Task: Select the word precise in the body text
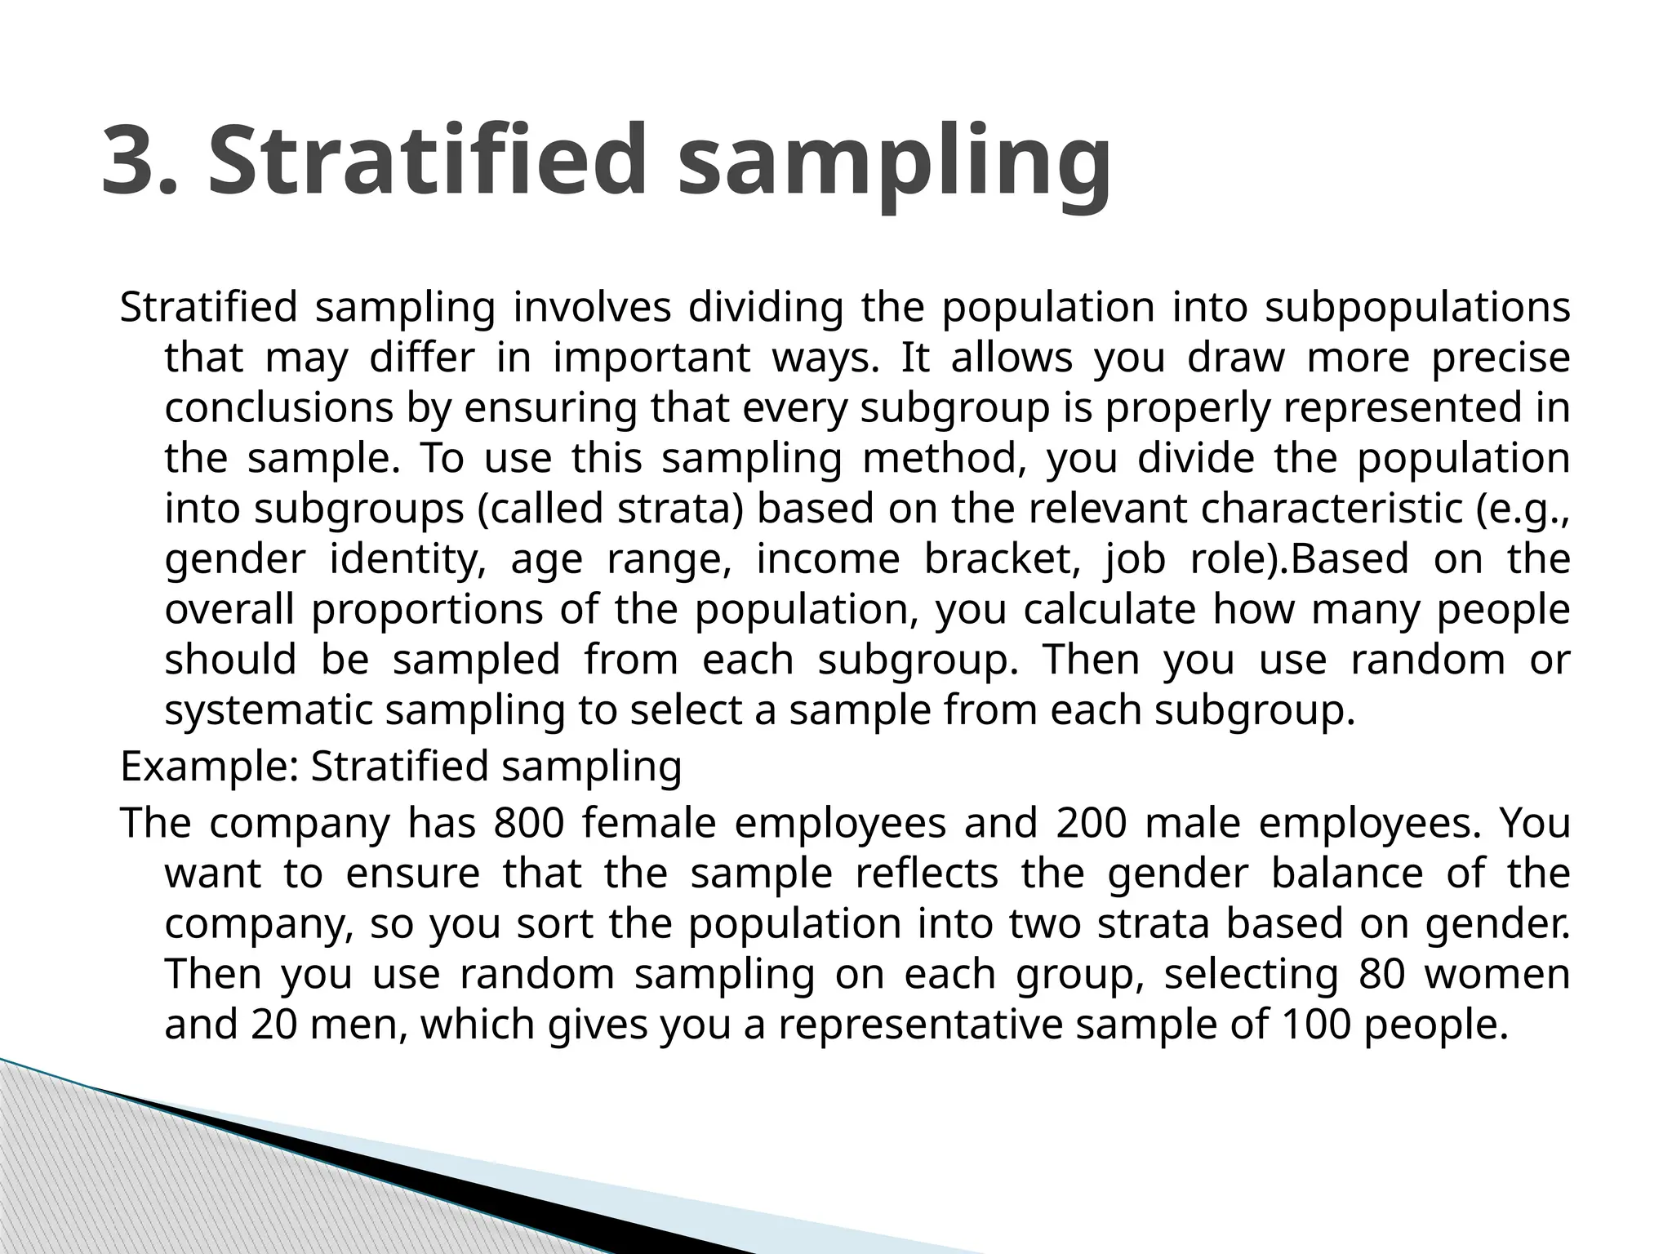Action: click(x=1501, y=358)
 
